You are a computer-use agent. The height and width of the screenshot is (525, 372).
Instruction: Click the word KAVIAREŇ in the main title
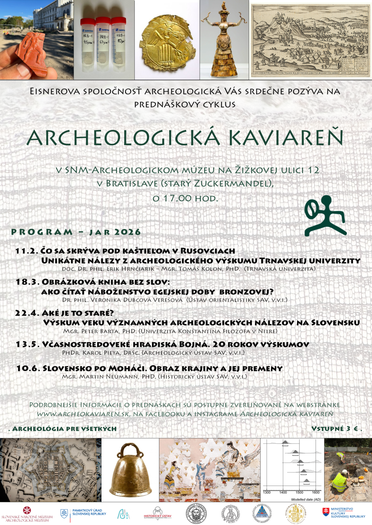click(286, 137)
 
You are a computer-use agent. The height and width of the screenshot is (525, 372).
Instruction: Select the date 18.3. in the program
click(27, 282)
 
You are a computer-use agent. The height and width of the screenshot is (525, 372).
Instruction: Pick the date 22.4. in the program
click(27, 313)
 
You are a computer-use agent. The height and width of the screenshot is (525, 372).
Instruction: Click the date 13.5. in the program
click(27, 344)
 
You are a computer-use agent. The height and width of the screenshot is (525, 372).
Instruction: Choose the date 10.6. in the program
click(28, 368)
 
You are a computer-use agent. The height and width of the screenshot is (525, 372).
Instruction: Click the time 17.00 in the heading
click(177, 198)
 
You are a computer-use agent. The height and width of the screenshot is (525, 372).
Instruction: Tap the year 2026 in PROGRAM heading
click(127, 232)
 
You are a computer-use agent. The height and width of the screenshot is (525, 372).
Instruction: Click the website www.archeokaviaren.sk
click(83, 414)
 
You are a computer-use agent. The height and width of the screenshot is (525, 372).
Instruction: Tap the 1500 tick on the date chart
click(299, 493)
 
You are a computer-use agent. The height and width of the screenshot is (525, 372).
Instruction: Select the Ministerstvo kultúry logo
click(344, 512)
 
